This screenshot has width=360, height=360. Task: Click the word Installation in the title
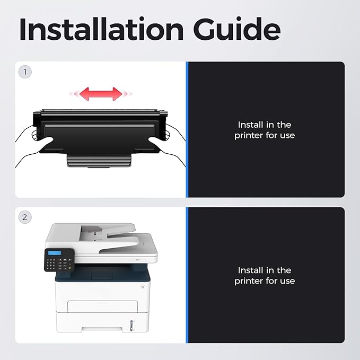(101, 29)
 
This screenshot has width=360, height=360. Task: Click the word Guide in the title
(237, 29)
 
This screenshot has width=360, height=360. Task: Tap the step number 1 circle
(25, 72)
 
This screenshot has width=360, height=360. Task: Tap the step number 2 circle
(25, 217)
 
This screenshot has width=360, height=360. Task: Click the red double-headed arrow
(101, 94)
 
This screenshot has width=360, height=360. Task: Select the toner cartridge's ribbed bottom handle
(99, 160)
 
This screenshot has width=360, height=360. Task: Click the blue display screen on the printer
(55, 253)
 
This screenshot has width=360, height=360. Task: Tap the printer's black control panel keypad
(59, 260)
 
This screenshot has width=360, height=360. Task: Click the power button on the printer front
(143, 286)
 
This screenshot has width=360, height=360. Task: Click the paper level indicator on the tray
(131, 326)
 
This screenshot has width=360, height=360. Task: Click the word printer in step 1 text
(249, 135)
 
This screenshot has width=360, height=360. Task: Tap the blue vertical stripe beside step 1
(187, 129)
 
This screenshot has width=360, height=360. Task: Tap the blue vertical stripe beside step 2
(187, 275)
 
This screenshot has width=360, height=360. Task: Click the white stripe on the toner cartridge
(100, 126)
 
